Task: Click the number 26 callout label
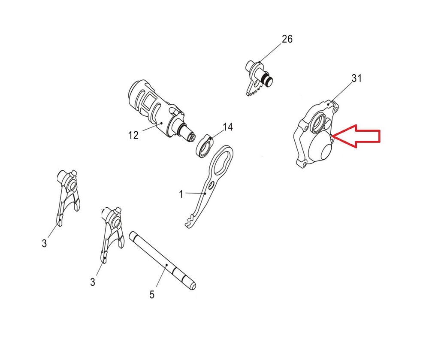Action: (287, 39)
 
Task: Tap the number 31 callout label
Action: (356, 79)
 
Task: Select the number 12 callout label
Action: (133, 135)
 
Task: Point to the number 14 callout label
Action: (228, 127)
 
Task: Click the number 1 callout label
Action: (181, 194)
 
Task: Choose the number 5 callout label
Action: (152, 295)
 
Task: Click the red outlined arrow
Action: (356, 136)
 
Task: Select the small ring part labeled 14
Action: (204, 146)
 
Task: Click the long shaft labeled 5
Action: (163, 261)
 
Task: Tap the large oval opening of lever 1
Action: (222, 161)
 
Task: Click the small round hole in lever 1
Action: (211, 186)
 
